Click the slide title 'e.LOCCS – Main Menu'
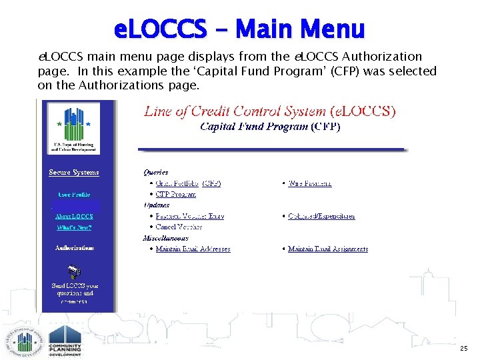[x=239, y=29]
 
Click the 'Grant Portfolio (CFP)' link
[x=188, y=183]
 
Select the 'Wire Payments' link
[x=309, y=183]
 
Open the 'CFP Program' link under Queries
[x=175, y=194]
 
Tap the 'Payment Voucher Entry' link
[x=189, y=216]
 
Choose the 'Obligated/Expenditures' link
[x=321, y=216]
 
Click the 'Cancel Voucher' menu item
[x=179, y=227]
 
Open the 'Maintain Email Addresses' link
[x=193, y=249]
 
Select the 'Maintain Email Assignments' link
[x=327, y=249]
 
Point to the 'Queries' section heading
[x=155, y=172]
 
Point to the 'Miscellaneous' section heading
[x=165, y=238]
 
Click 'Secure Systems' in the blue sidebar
[x=74, y=172]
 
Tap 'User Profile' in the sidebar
[x=74, y=195]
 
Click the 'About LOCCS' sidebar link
[x=74, y=216]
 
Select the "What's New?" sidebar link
[x=74, y=227]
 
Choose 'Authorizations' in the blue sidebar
[x=74, y=248]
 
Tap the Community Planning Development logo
[x=65, y=341]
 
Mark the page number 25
[x=463, y=349]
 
